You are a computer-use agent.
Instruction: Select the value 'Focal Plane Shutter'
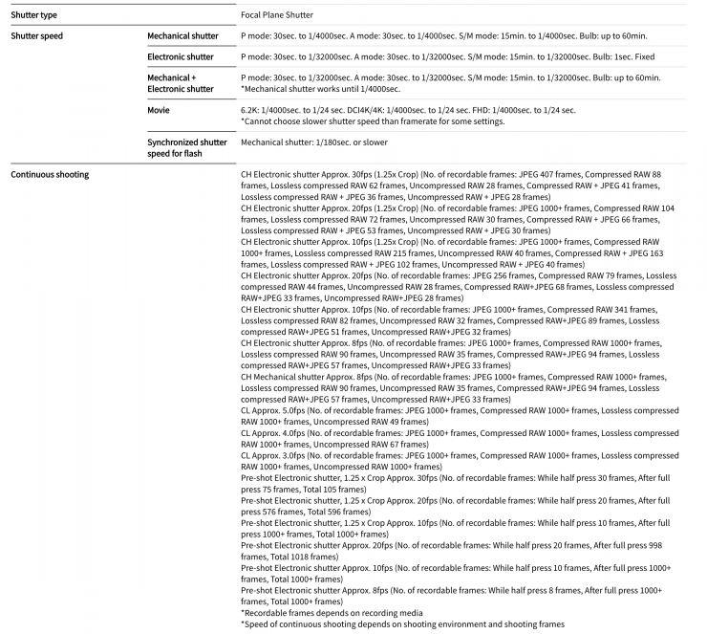tap(277, 14)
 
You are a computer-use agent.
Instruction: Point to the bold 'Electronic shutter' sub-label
tap(181, 56)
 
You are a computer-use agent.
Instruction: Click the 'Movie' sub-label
tap(159, 110)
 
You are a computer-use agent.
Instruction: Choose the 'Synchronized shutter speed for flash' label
tap(186, 147)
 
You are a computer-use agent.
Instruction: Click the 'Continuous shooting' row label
tap(50, 175)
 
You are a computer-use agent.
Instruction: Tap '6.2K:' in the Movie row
tap(252, 110)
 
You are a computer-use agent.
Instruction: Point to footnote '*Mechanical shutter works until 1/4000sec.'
tap(320, 89)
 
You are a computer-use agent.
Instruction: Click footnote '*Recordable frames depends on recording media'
tap(332, 612)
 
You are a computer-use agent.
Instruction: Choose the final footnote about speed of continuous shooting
tap(402, 624)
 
